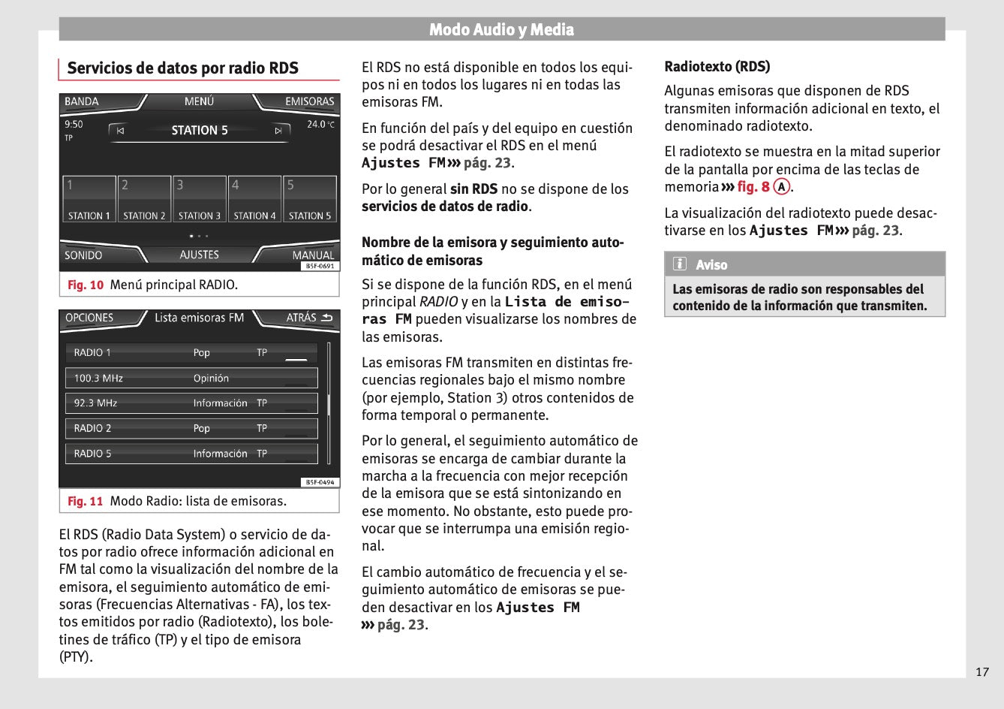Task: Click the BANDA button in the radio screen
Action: point(82,101)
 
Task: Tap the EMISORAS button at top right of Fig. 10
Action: point(308,101)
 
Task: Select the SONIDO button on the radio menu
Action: point(83,255)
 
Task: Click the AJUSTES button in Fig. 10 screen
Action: point(199,255)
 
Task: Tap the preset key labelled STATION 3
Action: point(200,199)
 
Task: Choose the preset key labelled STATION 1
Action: point(89,199)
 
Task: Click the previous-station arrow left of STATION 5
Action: point(120,131)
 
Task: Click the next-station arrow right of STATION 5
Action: point(278,131)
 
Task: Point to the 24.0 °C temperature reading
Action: point(320,124)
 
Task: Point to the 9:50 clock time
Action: point(74,124)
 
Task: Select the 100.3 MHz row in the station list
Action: point(191,378)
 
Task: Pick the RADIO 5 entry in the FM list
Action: point(191,454)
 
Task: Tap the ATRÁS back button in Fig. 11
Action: point(308,318)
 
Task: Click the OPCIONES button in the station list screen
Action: point(89,318)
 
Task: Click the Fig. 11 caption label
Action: point(86,501)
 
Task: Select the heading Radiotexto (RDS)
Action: point(717,66)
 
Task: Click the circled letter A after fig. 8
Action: point(782,187)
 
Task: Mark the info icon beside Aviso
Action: point(680,264)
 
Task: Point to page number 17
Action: point(982,671)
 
